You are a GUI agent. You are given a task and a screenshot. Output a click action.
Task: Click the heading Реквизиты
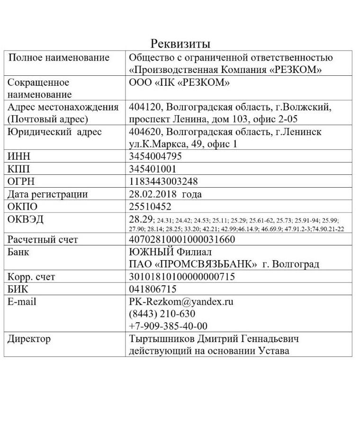180,44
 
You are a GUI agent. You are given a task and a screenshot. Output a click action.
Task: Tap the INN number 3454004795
155,156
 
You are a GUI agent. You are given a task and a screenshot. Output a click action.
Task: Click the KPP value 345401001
153,169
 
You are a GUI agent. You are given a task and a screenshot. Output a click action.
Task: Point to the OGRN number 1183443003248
163,181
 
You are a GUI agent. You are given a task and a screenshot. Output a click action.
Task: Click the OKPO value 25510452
150,207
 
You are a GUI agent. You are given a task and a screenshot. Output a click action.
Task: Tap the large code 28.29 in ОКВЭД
141,219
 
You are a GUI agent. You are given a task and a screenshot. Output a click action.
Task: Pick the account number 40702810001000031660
182,240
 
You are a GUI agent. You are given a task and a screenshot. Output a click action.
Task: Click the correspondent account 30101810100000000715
182,277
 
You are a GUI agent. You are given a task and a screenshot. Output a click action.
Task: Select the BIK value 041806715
153,289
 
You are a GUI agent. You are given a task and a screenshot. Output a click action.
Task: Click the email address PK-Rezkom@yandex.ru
181,302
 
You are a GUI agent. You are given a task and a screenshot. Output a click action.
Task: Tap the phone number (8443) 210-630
162,314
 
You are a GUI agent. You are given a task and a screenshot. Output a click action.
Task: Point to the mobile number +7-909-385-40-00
168,326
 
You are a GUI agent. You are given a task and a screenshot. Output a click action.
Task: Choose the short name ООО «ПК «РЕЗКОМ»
180,82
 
